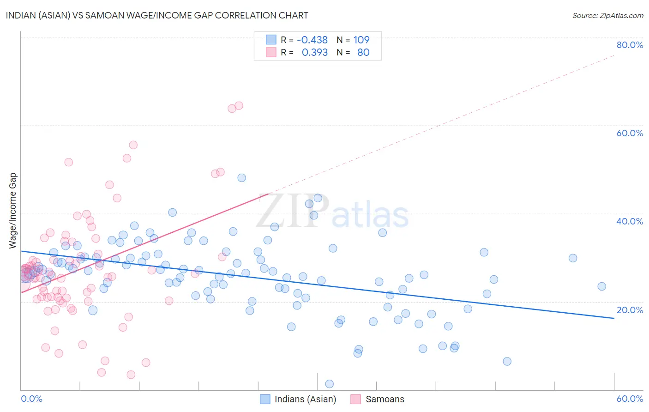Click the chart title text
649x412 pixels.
(x=157, y=15)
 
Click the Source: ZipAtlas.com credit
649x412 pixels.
(x=607, y=15)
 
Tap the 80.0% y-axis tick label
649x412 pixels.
(x=630, y=45)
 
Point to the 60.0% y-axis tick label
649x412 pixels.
(x=630, y=133)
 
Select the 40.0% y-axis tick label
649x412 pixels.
(x=630, y=221)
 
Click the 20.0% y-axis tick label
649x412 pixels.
(x=630, y=310)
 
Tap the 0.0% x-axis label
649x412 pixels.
(x=32, y=399)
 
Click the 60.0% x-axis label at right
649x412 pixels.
(x=630, y=399)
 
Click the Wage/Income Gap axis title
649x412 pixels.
(x=13, y=211)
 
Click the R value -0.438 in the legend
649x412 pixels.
(x=312, y=40)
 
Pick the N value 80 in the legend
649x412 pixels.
(x=363, y=53)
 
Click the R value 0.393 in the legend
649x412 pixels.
(x=314, y=53)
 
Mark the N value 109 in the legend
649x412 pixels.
(x=361, y=40)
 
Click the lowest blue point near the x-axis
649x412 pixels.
(x=330, y=384)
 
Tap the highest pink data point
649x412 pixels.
(x=239, y=106)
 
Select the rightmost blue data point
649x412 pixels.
(x=601, y=286)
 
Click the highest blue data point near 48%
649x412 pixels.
(x=241, y=178)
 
